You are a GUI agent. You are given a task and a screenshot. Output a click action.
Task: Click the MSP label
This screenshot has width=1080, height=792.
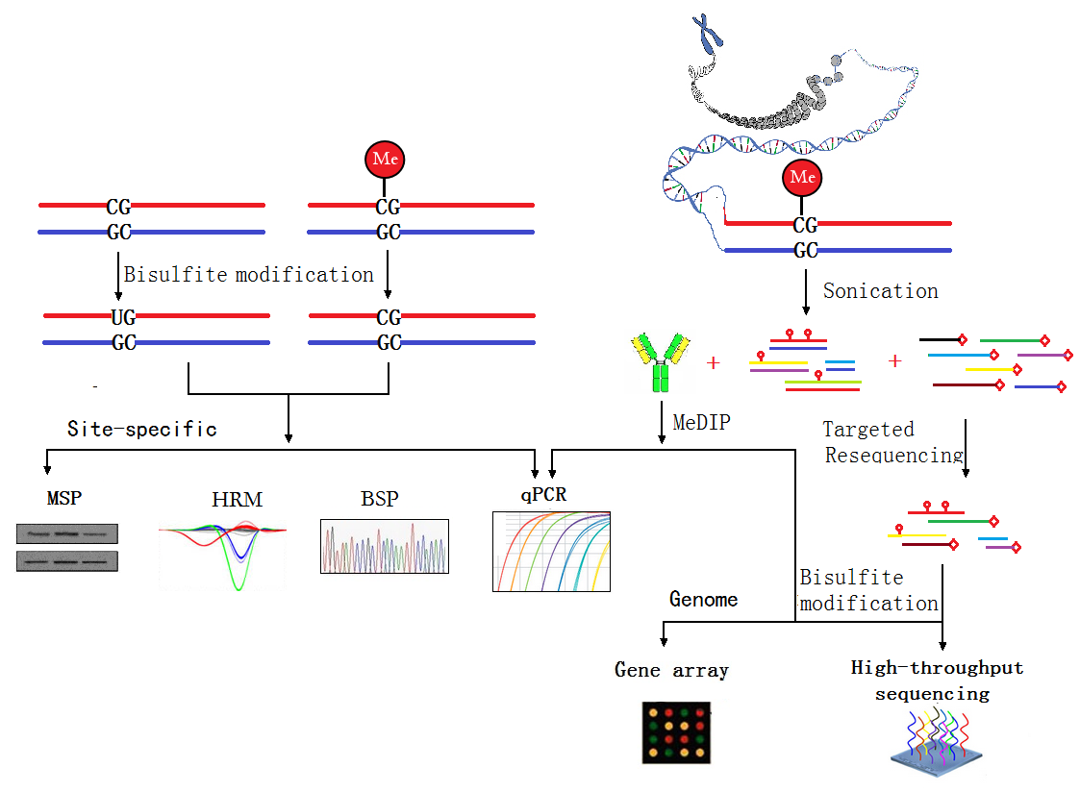pyautogui.click(x=64, y=498)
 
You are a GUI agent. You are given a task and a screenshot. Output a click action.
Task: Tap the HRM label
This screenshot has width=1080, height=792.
pyautogui.click(x=237, y=500)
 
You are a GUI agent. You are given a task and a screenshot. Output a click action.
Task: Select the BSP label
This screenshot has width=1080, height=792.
pyautogui.click(x=380, y=498)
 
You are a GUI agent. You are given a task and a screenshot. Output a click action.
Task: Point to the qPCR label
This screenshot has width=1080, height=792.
pyautogui.click(x=543, y=495)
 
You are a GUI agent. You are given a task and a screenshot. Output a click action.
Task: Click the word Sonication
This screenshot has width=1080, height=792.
pyautogui.click(x=880, y=291)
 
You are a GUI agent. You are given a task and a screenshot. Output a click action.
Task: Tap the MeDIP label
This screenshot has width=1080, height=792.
pyautogui.click(x=701, y=422)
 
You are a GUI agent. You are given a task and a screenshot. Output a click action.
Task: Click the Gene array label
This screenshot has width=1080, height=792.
pyautogui.click(x=671, y=670)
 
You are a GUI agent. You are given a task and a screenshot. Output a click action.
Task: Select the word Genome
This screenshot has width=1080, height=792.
pyautogui.click(x=703, y=600)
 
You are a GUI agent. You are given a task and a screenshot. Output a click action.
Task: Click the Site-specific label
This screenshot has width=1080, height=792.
pyautogui.click(x=142, y=430)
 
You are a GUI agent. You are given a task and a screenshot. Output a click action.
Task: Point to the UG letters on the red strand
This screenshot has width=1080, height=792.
pyautogui.click(x=123, y=317)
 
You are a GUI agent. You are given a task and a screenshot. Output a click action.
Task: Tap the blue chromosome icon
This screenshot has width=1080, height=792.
pyautogui.click(x=708, y=33)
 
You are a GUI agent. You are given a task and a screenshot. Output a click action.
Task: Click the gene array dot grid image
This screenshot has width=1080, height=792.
pyautogui.click(x=676, y=732)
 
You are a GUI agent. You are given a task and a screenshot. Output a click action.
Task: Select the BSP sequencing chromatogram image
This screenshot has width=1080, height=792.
pyautogui.click(x=385, y=546)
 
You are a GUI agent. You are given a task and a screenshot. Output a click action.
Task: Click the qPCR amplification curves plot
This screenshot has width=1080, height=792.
pyautogui.click(x=551, y=551)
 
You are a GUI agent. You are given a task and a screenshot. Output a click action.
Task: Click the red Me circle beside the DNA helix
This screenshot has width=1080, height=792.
pyautogui.click(x=802, y=178)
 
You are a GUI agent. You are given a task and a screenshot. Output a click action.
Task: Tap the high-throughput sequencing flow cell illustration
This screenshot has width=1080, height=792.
pyautogui.click(x=937, y=743)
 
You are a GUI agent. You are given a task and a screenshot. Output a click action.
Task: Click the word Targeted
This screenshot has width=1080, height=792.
pyautogui.click(x=868, y=430)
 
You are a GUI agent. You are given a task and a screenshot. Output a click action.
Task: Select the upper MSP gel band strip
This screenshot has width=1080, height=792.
pyautogui.click(x=66, y=534)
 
